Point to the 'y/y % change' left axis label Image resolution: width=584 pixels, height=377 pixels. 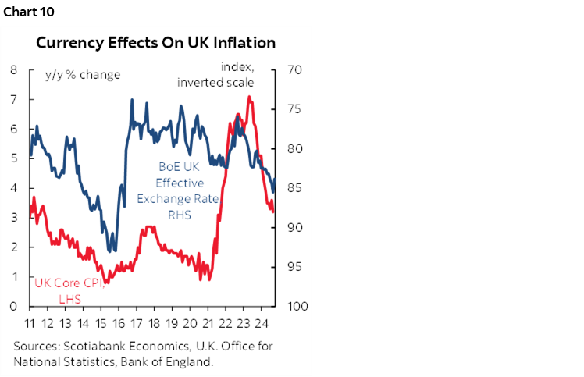(77, 75)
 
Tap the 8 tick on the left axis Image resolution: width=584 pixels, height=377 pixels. (14, 69)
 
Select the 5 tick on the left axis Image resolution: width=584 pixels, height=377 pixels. (14, 158)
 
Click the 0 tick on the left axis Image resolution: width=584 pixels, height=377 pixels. (14, 307)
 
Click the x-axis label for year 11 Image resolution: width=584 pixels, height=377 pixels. (30, 323)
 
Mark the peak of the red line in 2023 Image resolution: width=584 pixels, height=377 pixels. (248, 97)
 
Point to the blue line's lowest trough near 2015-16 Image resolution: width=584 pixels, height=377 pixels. (112, 251)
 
